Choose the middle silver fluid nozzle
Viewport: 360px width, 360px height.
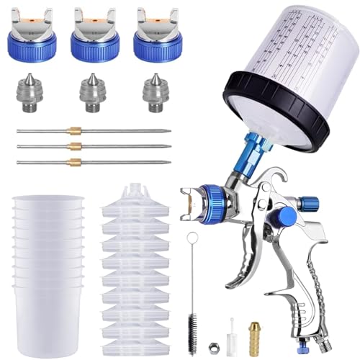point(93,92)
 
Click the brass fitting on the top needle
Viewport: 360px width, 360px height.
point(75,130)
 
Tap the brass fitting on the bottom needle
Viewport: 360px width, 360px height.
point(75,162)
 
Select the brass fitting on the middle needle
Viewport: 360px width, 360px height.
point(75,146)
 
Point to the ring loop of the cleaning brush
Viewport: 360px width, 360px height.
point(192,238)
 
